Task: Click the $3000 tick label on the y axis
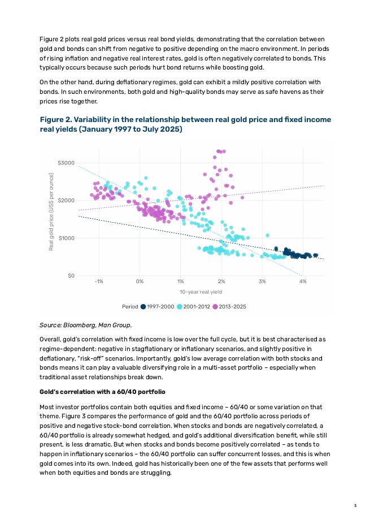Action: pos(66,163)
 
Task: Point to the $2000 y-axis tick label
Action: pos(66,201)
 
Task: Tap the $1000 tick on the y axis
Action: pos(66,238)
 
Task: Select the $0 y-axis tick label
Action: pos(70,276)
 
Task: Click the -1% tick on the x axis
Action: pos(99,281)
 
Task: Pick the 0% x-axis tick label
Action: pos(140,281)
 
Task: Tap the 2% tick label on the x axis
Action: pos(221,281)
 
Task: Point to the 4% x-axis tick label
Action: pos(303,281)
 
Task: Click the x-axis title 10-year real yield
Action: pos(201,292)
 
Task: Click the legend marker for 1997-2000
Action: pos(143,306)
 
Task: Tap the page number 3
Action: pos(355,505)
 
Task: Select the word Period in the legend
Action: pos(130,306)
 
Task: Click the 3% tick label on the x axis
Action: pos(262,281)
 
